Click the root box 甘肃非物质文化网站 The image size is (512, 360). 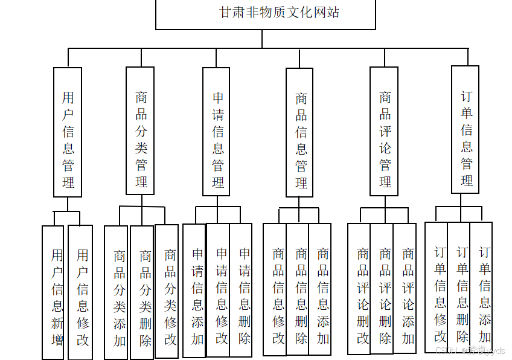click(x=265, y=13)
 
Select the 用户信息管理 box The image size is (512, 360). click(x=68, y=132)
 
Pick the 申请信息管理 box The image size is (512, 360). click(x=216, y=131)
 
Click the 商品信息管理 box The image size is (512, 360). click(x=299, y=132)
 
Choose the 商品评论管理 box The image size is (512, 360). click(x=384, y=131)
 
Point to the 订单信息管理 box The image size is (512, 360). click(x=465, y=129)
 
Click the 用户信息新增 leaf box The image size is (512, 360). click(x=53, y=292)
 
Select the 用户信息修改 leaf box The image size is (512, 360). click(x=80, y=292)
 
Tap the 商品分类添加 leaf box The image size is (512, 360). click(x=116, y=293)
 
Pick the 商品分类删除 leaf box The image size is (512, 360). click(x=142, y=292)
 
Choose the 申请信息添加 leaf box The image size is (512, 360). click(x=194, y=291)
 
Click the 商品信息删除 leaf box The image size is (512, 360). click(x=298, y=289)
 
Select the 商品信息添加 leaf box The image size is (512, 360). click(x=320, y=289)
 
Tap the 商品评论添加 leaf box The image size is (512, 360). click(x=405, y=288)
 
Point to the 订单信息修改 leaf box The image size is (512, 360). click(x=437, y=288)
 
